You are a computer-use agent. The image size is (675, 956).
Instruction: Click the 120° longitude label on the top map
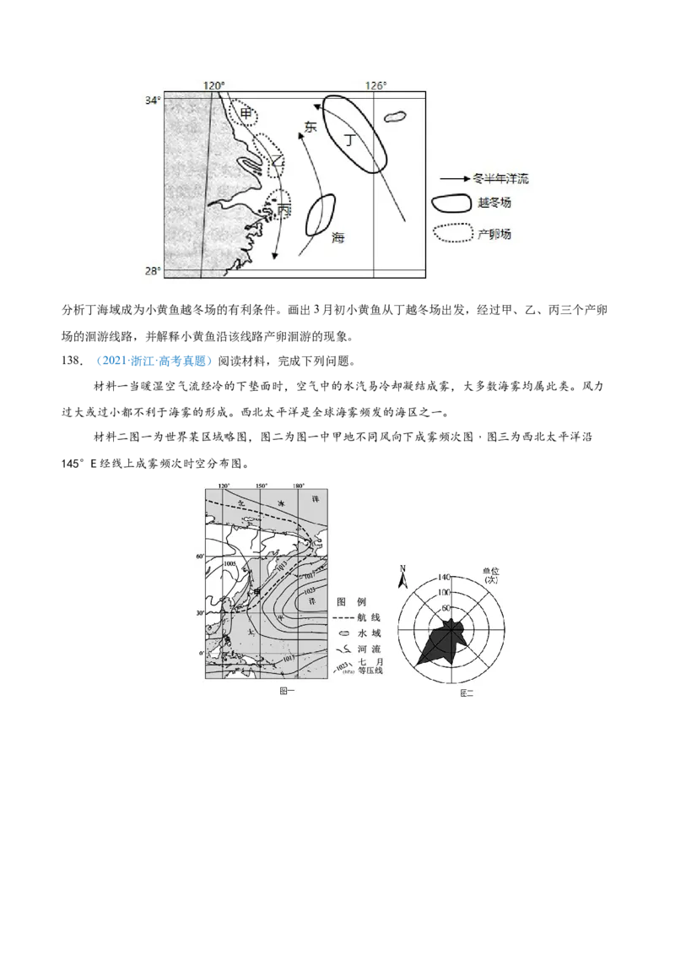coord(213,85)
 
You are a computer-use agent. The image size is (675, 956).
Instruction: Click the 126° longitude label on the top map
coord(375,85)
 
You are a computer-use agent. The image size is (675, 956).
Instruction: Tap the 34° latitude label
coord(151,100)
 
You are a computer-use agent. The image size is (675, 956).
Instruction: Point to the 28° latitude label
coord(151,271)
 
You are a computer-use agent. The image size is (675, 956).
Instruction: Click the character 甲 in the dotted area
coord(246,113)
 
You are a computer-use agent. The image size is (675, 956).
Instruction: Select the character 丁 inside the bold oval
coord(350,139)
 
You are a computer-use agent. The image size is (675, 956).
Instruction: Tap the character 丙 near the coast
coord(283,207)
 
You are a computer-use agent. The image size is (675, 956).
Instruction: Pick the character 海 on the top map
coord(337,238)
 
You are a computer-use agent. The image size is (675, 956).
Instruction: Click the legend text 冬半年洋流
coord(501,179)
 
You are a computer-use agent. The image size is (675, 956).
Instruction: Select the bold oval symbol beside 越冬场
coord(451,204)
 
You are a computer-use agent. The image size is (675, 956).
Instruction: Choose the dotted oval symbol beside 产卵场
coord(451,233)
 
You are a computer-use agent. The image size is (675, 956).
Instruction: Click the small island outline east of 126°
coord(392,117)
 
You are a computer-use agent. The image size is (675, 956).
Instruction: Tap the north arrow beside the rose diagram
coord(403,578)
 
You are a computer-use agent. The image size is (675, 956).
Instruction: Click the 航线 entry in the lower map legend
coord(370,617)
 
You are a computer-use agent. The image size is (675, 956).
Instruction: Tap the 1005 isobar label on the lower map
coord(229,562)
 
